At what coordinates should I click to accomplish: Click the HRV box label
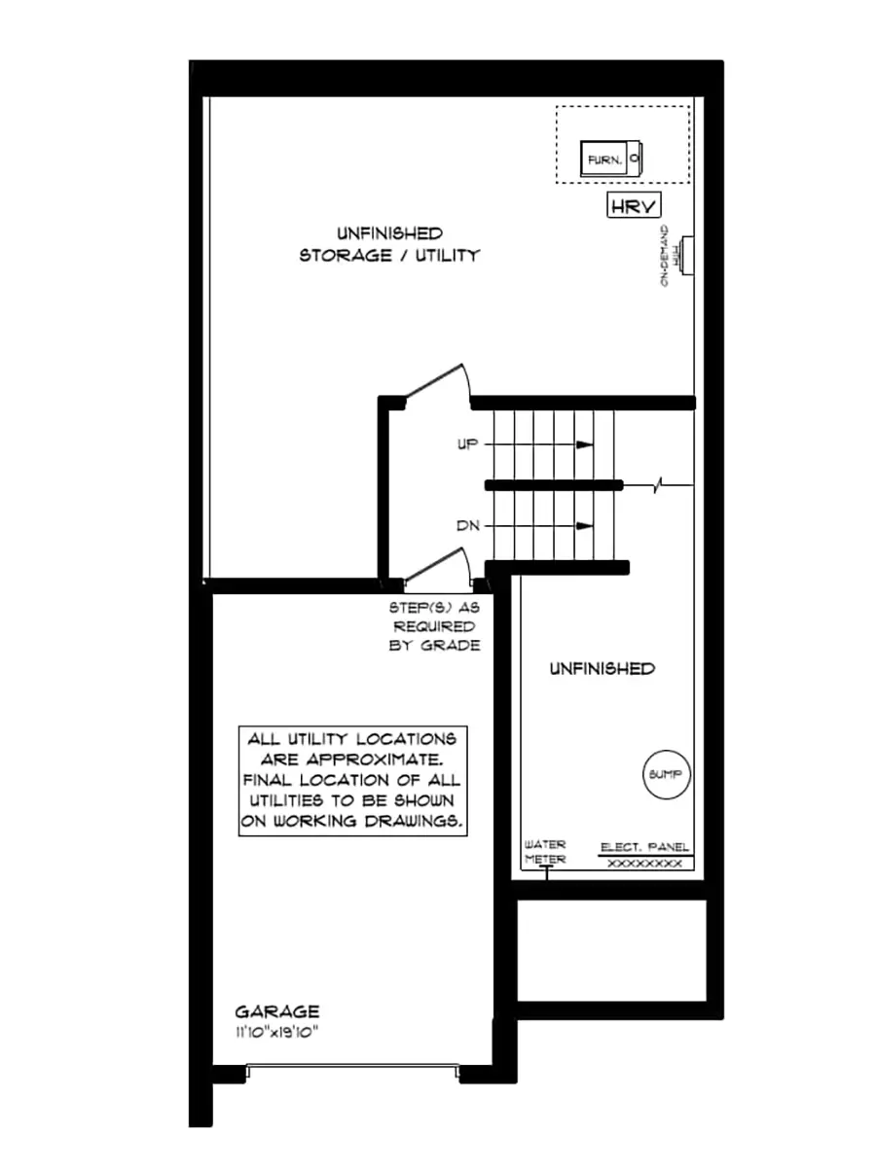click(634, 205)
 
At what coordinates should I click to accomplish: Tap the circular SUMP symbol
click(668, 775)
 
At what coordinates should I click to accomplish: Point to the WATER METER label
click(545, 852)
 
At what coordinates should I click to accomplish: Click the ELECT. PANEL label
click(645, 847)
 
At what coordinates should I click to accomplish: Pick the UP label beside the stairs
click(468, 444)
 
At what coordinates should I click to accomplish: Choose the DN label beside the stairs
click(468, 526)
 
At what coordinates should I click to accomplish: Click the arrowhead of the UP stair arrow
click(585, 444)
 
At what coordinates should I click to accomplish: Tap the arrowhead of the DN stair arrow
click(585, 526)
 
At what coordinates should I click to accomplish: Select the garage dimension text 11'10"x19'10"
click(276, 1031)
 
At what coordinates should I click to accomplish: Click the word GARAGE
click(276, 1011)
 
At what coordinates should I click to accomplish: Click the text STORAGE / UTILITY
click(389, 256)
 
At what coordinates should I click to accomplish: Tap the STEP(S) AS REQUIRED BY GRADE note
click(434, 625)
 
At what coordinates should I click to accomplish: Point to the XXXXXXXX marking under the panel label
click(645, 864)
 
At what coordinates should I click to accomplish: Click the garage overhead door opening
click(351, 1071)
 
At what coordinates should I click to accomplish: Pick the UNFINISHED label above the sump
click(602, 669)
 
